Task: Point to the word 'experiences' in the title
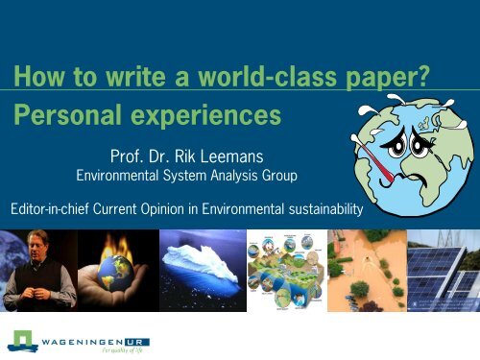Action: [206, 117]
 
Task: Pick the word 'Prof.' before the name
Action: [132, 152]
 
